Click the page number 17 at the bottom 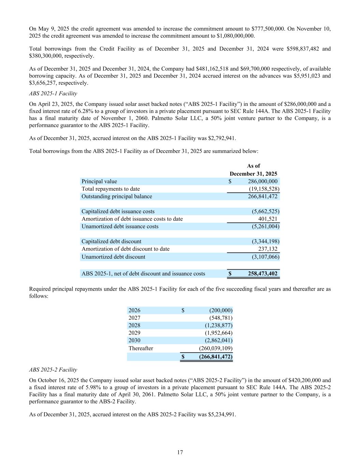coord(180,452)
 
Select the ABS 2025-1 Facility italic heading coord(53,93)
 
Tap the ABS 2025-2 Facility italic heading coord(53,369)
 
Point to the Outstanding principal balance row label coord(117,196)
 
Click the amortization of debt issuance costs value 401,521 coord(268,219)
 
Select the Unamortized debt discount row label coord(113,257)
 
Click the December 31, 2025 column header coord(253,173)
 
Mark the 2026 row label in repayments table coord(134,310)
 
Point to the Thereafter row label coord(141,348)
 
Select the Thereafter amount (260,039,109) coord(216,348)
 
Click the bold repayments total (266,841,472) coord(216,357)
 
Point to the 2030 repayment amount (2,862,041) coord(218,340)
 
